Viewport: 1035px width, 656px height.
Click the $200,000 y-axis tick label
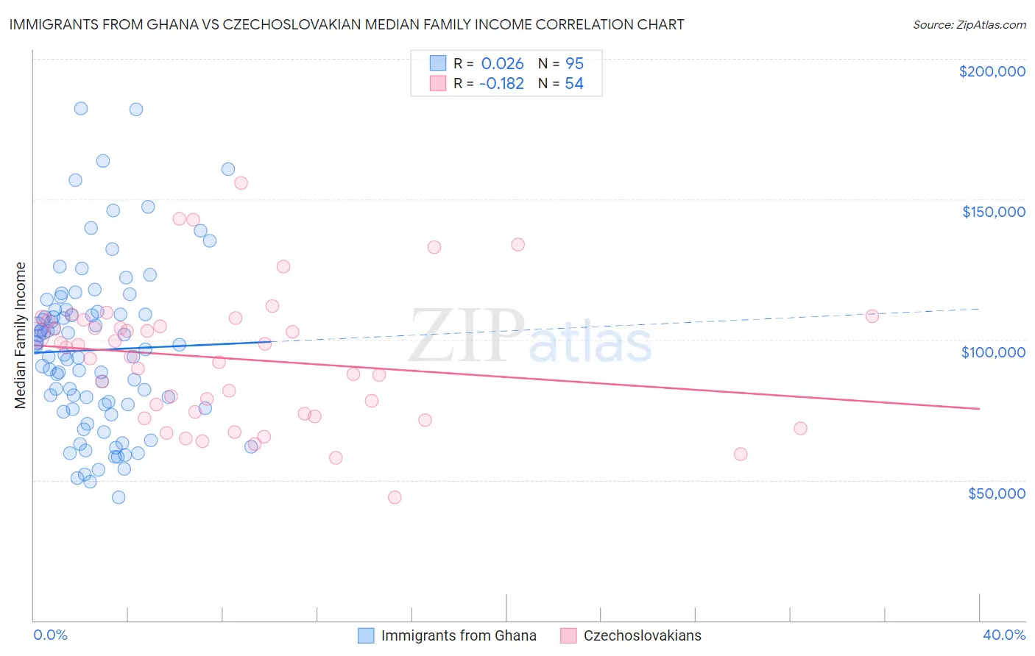[992, 71]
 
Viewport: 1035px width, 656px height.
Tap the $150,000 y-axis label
[993, 212]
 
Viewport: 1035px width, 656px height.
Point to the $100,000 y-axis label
[993, 352]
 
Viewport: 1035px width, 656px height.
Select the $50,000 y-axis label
[996, 493]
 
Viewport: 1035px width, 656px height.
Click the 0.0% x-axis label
[50, 635]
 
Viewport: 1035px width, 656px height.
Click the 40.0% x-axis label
[1003, 635]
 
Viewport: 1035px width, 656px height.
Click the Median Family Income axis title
[21, 335]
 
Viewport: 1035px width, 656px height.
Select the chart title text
[347, 25]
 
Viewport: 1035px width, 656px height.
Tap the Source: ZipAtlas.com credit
[969, 25]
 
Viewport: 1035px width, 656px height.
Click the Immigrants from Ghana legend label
[458, 635]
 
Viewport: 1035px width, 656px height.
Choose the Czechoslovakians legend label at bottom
[642, 635]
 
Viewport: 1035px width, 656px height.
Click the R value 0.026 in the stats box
[502, 64]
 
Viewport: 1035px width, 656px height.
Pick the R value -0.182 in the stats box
[501, 84]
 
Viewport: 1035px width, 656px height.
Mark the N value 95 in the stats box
[574, 64]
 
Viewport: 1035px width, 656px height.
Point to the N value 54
[574, 84]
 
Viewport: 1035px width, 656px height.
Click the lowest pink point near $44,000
[395, 497]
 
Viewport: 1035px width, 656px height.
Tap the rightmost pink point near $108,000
[872, 316]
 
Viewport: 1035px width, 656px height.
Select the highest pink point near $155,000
[241, 183]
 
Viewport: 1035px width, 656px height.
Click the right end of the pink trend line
[979, 408]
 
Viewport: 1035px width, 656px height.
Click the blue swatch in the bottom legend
[366, 635]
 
